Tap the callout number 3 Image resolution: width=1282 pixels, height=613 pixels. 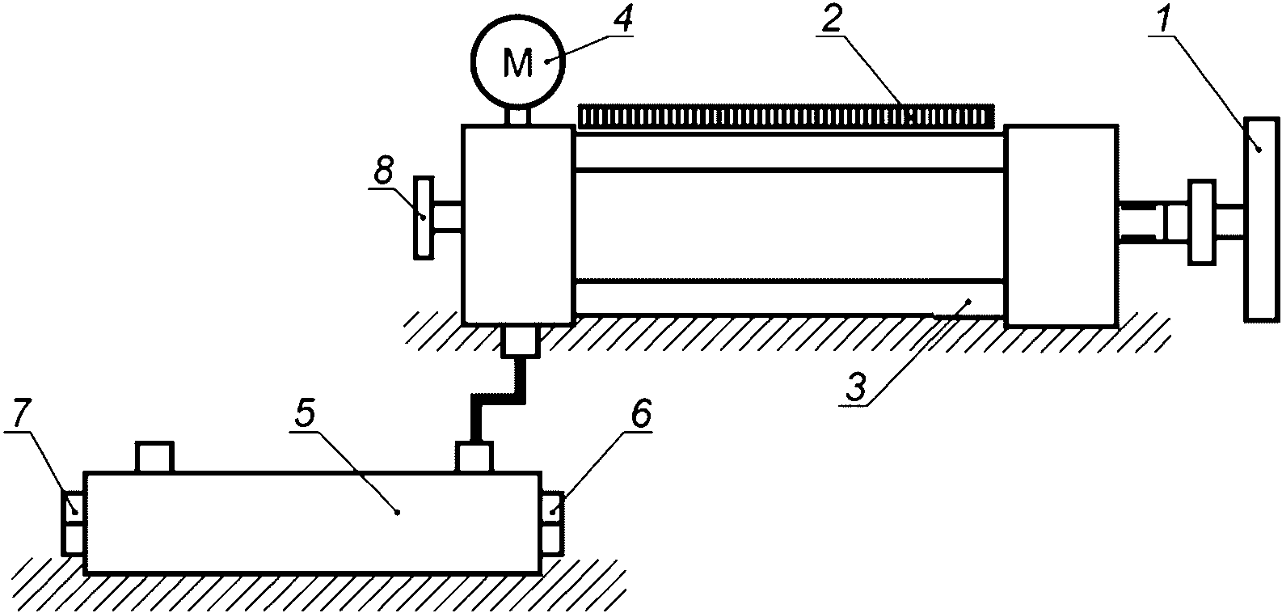856,388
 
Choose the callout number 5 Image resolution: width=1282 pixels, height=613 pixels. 306,414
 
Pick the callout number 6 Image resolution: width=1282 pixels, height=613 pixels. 639,414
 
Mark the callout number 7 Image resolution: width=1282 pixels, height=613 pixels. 22,414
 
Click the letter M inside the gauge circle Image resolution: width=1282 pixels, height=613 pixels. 518,62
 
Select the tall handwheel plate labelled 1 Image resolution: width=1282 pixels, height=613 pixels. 1263,219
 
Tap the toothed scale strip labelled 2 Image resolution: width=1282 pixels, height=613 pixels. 786,116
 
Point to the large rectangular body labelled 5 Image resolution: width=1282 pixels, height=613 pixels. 312,522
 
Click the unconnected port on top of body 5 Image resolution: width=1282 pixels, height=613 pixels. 154,458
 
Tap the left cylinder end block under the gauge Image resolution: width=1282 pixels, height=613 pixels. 517,224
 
